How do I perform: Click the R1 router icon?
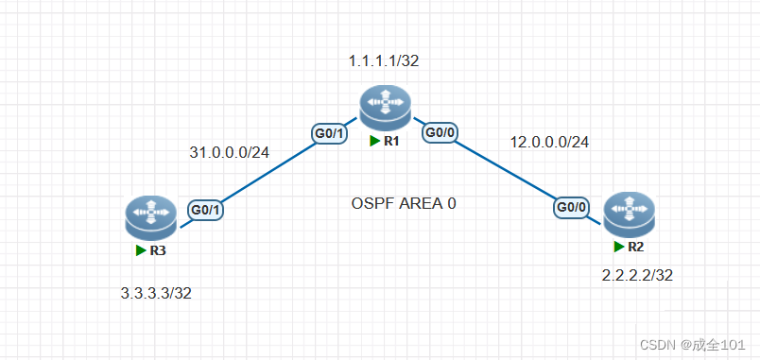384,107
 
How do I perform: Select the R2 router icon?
629,215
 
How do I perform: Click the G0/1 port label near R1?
330,135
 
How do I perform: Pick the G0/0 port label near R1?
440,133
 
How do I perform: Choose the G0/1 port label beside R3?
205,211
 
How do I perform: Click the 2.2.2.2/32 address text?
637,275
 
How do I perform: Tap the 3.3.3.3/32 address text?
156,292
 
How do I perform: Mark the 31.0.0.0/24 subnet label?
230,152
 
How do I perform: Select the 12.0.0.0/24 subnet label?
549,142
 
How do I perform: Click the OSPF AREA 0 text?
404,203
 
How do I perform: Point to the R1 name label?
389,142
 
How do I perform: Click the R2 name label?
635,248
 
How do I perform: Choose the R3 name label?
158,250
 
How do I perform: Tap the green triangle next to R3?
140,250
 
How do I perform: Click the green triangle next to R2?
619,248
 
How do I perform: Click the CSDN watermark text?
698,346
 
